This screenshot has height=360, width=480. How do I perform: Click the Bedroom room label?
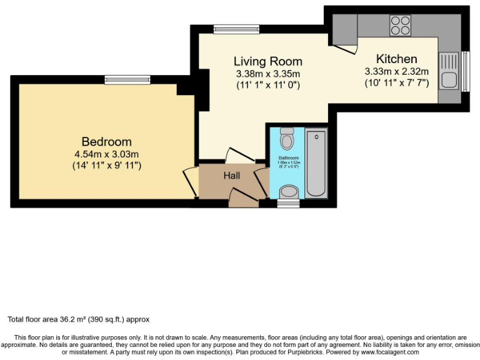click(106, 141)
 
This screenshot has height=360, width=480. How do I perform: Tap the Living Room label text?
click(267, 61)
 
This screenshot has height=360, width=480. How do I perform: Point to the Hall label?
click(232, 176)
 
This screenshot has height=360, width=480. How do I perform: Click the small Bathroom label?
click(288, 158)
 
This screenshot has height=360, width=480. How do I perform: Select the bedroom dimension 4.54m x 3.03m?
click(106, 154)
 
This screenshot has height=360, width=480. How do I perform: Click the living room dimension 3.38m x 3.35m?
click(267, 73)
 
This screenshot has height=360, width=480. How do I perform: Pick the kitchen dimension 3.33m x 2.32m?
click(396, 71)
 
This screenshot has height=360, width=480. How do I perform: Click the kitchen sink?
click(449, 70)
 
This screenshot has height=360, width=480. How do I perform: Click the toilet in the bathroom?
click(287, 138)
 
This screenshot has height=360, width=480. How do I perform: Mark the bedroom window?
click(127, 79)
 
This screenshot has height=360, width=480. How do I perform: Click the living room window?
click(236, 29)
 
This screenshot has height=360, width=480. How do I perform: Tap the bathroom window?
click(288, 204)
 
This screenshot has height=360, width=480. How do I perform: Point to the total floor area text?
click(79, 319)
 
